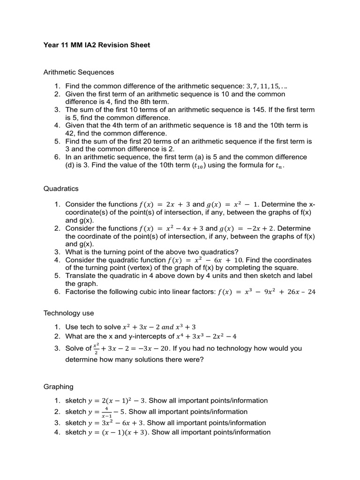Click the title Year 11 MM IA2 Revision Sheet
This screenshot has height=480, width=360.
(x=97, y=45)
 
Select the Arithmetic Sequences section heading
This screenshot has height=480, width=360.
(x=79, y=72)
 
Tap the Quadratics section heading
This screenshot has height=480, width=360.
(x=61, y=188)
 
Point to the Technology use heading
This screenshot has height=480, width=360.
(x=68, y=313)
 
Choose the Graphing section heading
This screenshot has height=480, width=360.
(x=59, y=387)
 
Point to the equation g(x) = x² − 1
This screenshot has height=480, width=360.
(x=232, y=204)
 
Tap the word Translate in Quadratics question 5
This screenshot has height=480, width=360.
(x=81, y=276)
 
